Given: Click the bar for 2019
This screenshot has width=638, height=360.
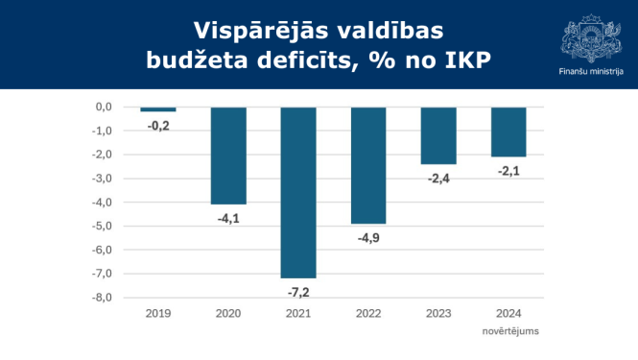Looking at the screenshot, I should click(158, 109).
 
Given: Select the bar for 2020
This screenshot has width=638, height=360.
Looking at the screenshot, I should click(228, 156).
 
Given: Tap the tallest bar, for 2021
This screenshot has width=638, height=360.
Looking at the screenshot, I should click(298, 192).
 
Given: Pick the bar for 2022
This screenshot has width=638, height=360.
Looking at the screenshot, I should click(368, 165).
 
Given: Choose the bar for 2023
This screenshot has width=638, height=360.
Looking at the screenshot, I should click(438, 135).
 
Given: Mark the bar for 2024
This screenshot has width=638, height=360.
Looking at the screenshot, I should click(508, 132).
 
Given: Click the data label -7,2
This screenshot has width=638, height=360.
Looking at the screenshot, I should click(298, 291).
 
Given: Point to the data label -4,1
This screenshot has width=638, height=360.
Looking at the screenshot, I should click(228, 218).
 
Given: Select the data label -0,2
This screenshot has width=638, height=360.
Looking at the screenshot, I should click(158, 126).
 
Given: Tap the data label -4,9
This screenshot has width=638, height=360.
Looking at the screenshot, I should click(368, 237).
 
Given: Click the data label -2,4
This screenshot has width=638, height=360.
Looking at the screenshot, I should click(438, 178).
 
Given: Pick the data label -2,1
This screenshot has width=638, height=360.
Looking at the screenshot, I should click(508, 171).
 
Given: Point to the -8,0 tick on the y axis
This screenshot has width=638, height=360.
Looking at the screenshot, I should click(103, 298).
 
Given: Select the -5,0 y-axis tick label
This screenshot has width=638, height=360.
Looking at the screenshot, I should click(103, 226).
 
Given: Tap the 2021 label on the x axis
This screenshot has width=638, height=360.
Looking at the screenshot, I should click(298, 313).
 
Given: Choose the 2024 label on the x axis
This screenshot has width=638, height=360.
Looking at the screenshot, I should click(508, 313).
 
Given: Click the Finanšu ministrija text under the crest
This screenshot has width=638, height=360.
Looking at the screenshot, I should click(591, 71).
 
